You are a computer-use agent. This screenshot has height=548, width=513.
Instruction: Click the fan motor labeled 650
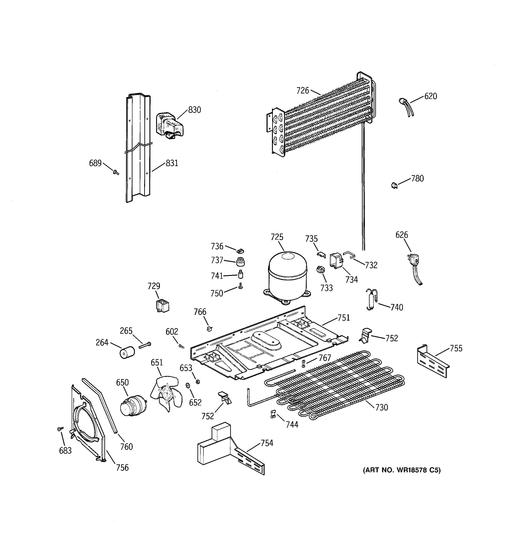coord(132,405)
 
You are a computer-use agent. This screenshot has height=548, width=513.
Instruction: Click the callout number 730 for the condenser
coord(381,407)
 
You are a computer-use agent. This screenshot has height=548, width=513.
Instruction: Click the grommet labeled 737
coord(240,261)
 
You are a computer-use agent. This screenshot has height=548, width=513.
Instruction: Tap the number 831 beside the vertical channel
coord(172,163)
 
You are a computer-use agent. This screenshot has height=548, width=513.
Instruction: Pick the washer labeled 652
coord(188,385)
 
